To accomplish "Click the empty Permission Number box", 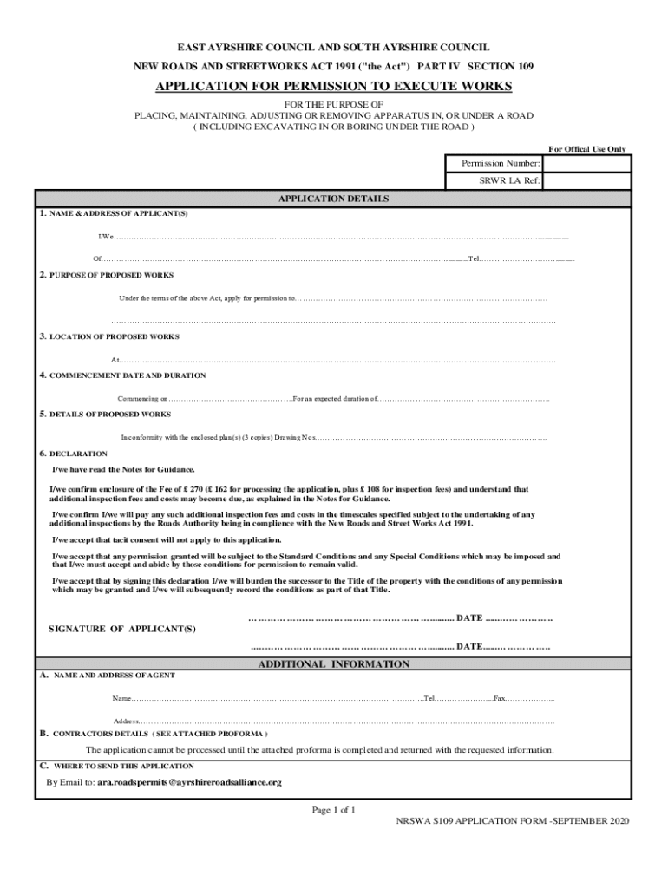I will pyautogui.click(x=586, y=163).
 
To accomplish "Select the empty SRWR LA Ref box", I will pyautogui.click(x=586, y=181).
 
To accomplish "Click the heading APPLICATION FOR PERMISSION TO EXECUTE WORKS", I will pyautogui.click(x=333, y=87).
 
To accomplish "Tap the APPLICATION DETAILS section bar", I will pyautogui.click(x=333, y=199).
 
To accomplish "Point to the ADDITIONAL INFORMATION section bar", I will pyautogui.click(x=333, y=664).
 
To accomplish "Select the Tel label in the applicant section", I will pyautogui.click(x=473, y=258).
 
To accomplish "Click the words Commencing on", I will pyautogui.click(x=142, y=399).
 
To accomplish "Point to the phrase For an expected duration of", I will pyautogui.click(x=335, y=399).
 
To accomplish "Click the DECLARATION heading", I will pyautogui.click(x=78, y=454).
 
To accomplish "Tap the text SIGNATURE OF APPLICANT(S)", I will pyautogui.click(x=121, y=628).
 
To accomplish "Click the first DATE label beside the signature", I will pyautogui.click(x=469, y=617).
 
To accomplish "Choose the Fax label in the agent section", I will pyautogui.click(x=500, y=698).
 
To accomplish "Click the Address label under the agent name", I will pyautogui.click(x=126, y=721).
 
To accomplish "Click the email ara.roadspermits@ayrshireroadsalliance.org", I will pyautogui.click(x=189, y=782).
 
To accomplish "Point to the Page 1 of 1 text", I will pyautogui.click(x=334, y=810).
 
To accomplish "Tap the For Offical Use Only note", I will pyautogui.click(x=586, y=149).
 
